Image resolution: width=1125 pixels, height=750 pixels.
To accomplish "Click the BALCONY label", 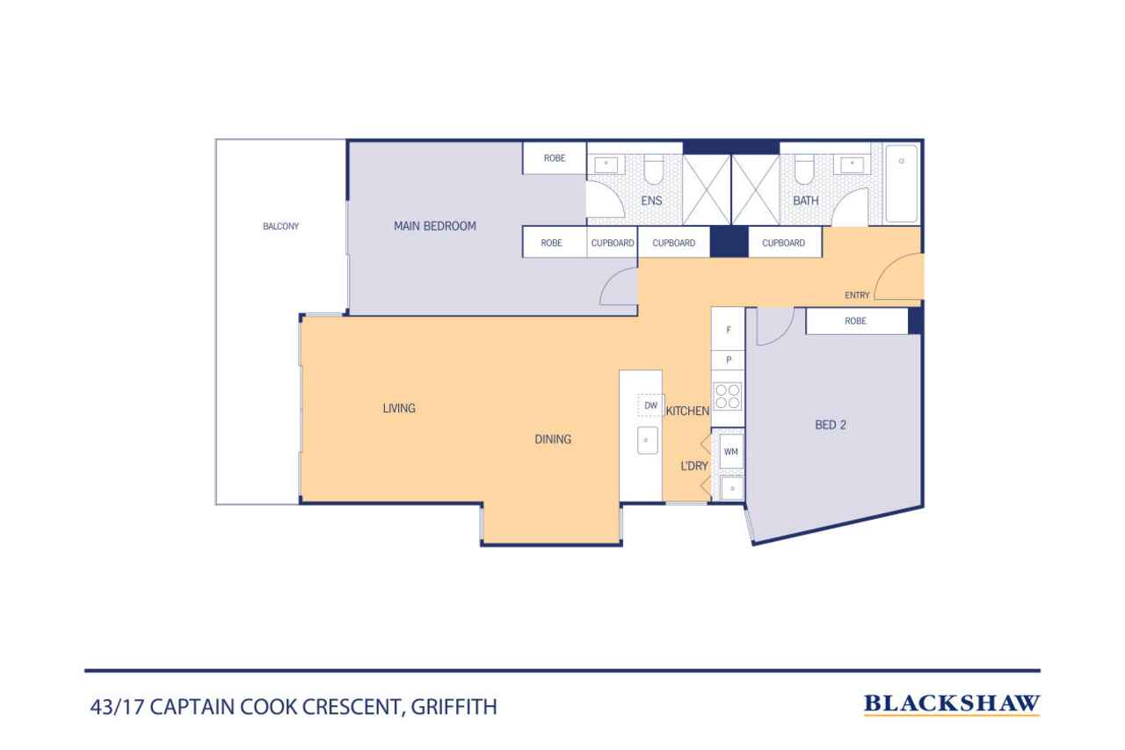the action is coord(280,227).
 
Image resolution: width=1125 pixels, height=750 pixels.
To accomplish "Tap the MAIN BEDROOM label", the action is coord(435,226).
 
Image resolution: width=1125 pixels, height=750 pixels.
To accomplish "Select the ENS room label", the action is coord(651,200).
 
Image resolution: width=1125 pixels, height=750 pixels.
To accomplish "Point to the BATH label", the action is coord(806,200).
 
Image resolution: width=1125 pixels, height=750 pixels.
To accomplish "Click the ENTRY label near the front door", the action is coord(857,295).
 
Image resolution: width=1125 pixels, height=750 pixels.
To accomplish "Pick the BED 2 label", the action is coord(831,425).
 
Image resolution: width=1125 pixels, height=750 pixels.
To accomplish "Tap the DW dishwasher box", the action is coord(650,405).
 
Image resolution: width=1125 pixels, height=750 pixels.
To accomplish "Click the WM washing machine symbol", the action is coord(730,452).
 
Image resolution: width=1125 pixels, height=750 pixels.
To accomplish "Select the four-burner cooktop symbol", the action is coord(728,397).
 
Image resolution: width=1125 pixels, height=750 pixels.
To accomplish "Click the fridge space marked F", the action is coord(728,329).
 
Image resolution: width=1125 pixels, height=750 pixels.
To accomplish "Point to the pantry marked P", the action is coord(728,360).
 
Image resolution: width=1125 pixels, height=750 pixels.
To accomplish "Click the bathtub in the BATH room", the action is coord(902,184).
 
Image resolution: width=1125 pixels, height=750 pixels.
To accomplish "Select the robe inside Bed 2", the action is coord(857,321).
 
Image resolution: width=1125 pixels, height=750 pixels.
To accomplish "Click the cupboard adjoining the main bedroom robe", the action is coord(613,243).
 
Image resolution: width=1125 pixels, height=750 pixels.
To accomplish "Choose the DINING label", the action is coord(553,440).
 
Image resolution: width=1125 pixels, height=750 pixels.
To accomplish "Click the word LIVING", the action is coord(399,408).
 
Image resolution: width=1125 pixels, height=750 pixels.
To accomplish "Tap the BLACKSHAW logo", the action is coord(952,703).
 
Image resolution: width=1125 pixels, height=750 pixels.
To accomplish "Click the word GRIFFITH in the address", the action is coord(454,707).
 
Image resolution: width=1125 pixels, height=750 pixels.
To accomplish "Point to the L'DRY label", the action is coord(694,466).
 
